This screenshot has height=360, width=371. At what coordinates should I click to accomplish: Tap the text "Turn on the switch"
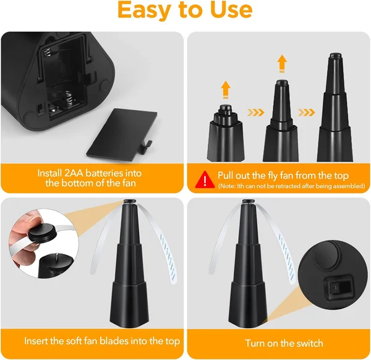(284, 343)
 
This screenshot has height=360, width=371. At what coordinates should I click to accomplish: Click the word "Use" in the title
(228, 11)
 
